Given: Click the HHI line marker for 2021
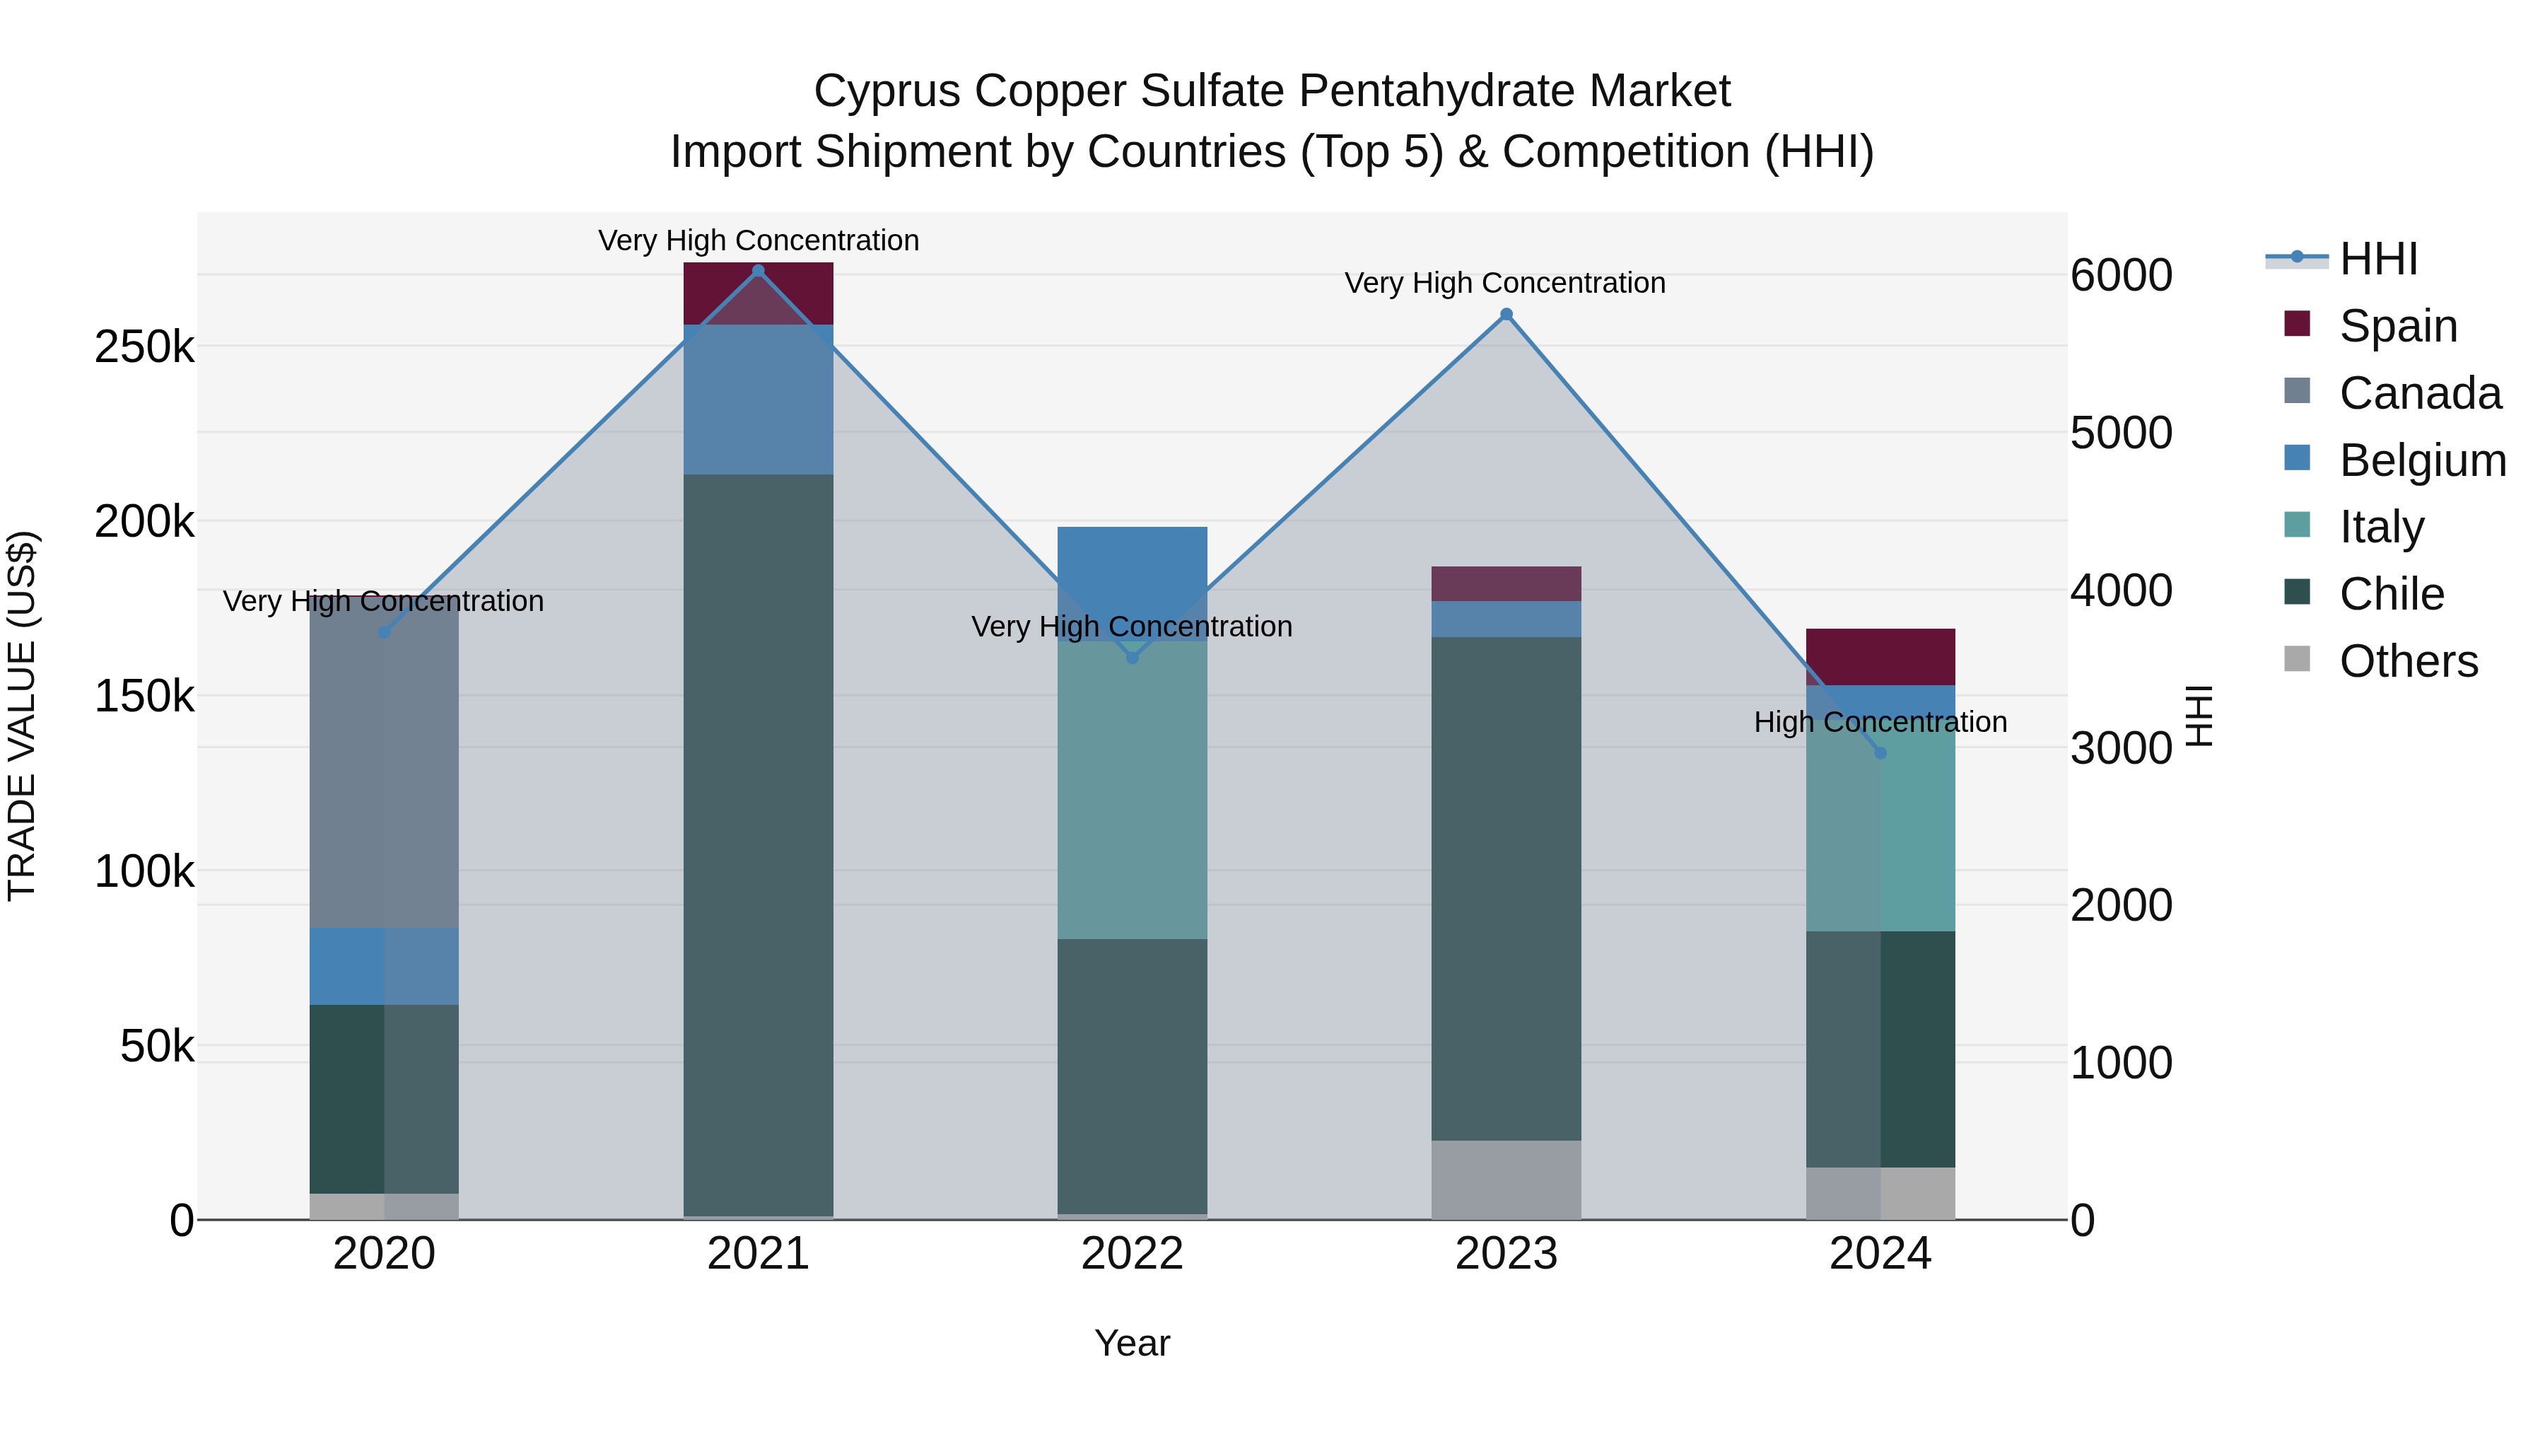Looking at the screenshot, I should coord(758,271).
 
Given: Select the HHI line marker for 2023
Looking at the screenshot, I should coord(1506,314).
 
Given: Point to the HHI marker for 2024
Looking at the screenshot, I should coord(1880,753).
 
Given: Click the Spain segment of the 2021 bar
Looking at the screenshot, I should coord(758,293).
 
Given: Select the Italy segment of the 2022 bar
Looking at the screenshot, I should coord(1133,791).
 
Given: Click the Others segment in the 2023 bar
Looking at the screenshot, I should coord(1506,1180).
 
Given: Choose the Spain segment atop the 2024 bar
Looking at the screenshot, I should coord(1880,656).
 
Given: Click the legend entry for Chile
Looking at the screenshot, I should coord(2391,594).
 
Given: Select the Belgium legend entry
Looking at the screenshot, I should coord(2421,460).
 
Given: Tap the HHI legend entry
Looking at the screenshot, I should coord(2377,259).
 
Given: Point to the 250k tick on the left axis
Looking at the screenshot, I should coord(144,347).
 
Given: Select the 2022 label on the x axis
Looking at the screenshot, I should coord(1133,1253).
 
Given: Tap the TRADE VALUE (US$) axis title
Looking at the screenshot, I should coord(22,716).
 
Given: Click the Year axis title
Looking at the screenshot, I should coord(1133,1343).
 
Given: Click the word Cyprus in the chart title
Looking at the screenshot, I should coord(887,91).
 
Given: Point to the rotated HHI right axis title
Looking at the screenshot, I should coord(2200,716).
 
